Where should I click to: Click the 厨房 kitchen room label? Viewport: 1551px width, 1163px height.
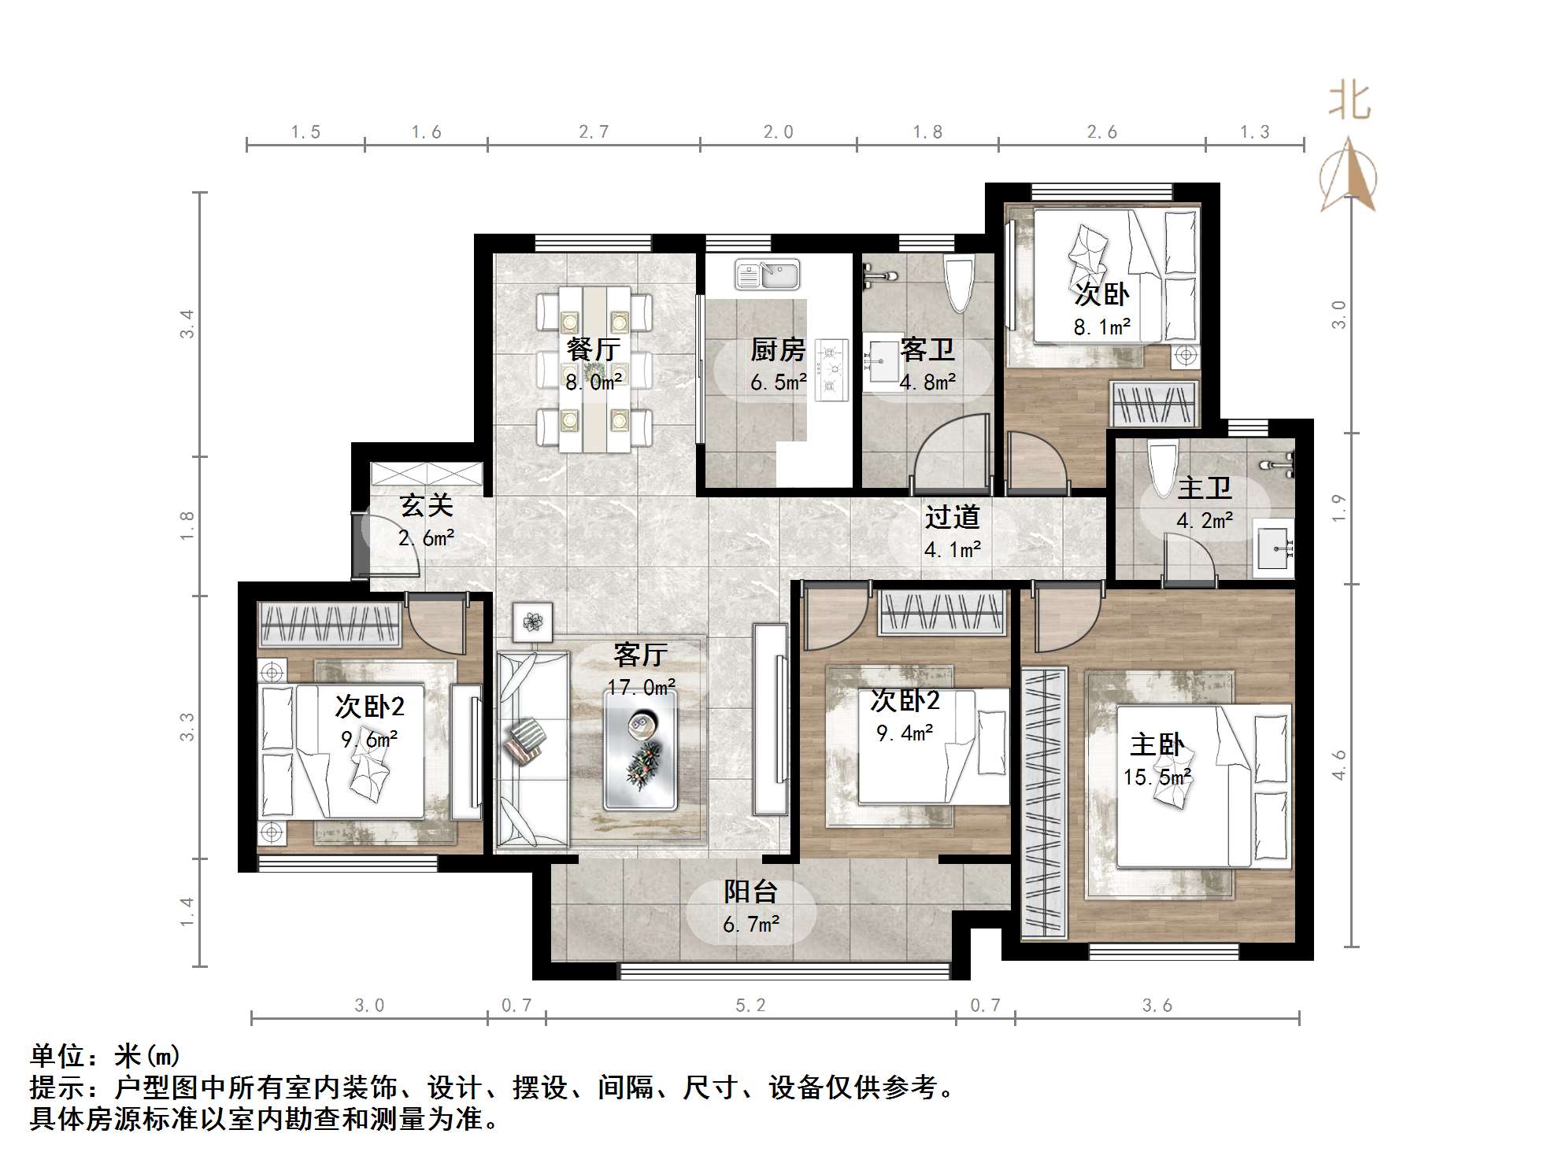tap(777, 349)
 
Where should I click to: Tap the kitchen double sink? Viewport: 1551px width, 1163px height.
tap(767, 275)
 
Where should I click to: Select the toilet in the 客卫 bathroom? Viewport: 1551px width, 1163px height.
tap(959, 284)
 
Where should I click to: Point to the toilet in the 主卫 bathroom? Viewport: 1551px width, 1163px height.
tap(1162, 469)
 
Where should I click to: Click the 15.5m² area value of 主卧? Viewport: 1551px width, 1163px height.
tap(1156, 777)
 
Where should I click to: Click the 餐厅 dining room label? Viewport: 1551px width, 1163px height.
tap(593, 349)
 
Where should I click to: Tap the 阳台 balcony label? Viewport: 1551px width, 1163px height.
tap(750, 892)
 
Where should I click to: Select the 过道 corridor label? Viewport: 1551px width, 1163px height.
tap(952, 517)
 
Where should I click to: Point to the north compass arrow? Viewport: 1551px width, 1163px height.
tap(1349, 177)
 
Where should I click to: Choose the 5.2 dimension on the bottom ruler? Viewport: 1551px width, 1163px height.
tap(750, 1006)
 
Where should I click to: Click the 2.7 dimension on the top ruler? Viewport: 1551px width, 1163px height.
tap(593, 132)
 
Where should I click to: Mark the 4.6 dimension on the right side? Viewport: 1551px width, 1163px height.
tap(1338, 765)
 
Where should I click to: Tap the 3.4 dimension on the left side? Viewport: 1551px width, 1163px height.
tap(187, 323)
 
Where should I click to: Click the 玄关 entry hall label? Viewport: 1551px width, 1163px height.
tap(426, 505)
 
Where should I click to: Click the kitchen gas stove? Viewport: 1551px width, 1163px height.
tap(831, 367)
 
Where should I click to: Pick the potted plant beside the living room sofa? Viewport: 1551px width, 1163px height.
tap(533, 622)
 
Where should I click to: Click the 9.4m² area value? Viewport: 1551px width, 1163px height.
tap(904, 733)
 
